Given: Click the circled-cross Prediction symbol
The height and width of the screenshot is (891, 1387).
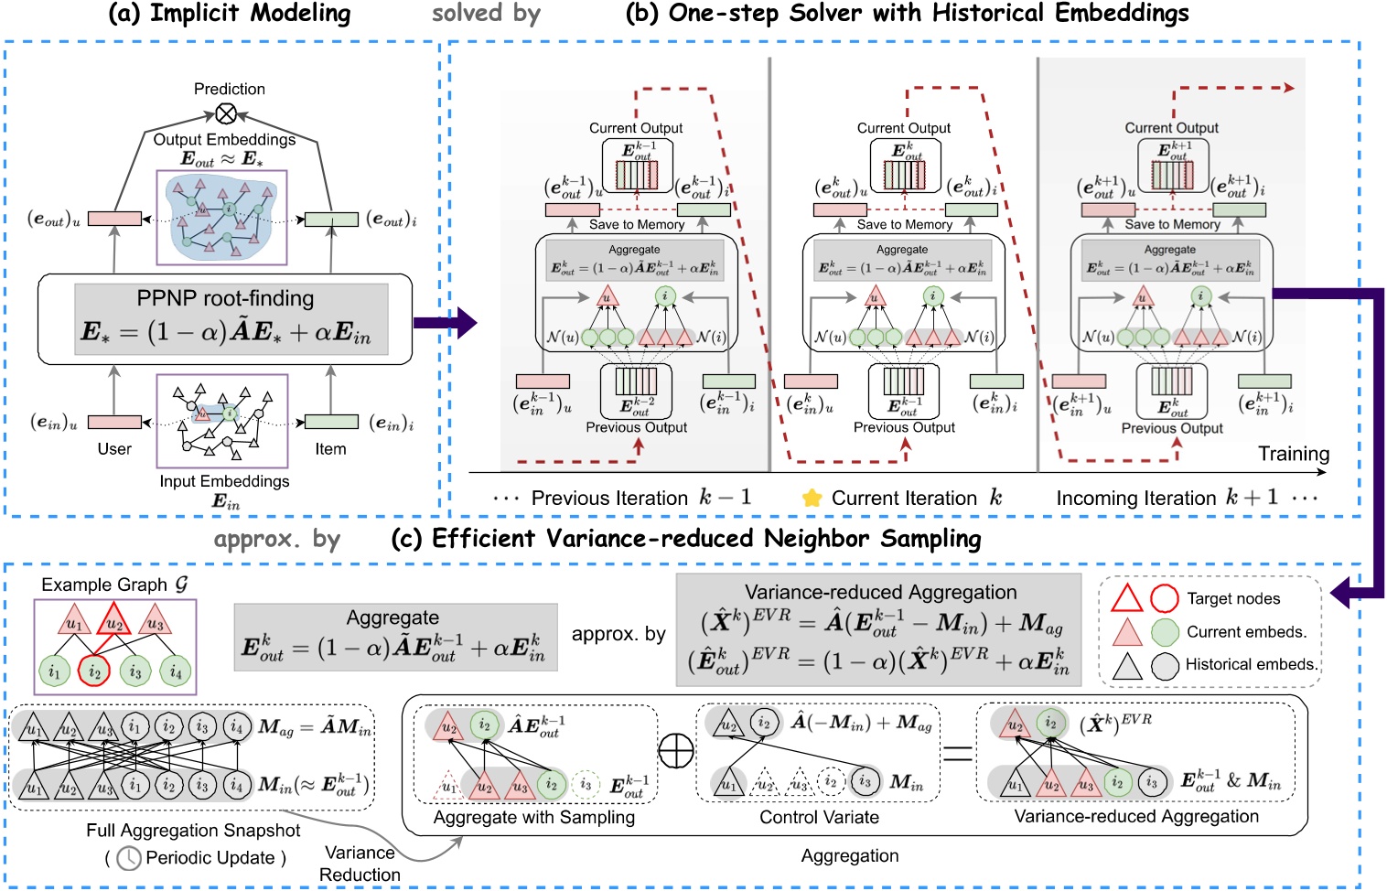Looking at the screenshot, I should click(x=226, y=113).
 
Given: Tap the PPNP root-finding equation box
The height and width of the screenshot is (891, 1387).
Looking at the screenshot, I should click(x=225, y=319).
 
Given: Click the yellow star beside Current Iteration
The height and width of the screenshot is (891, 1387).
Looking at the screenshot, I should click(x=812, y=499).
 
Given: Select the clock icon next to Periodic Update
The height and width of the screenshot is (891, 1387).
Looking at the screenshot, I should click(x=129, y=858).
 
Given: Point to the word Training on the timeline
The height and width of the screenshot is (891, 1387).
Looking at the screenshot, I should click(x=1293, y=454).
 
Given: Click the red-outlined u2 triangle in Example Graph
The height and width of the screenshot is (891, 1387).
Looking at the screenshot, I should click(x=114, y=622).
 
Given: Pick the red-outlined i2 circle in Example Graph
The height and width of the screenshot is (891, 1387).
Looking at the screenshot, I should click(x=94, y=671).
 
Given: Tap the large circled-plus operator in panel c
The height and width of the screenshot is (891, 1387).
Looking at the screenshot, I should click(x=676, y=751).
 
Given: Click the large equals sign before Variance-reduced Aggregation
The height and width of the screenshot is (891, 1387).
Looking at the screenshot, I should click(x=957, y=754).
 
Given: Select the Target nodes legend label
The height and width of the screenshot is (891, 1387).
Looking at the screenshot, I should click(x=1233, y=599).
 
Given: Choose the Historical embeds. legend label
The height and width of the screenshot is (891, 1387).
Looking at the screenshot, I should click(x=1252, y=665).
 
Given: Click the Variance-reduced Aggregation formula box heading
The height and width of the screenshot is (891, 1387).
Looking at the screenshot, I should click(x=880, y=592).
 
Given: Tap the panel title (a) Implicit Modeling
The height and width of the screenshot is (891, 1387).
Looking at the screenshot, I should click(x=229, y=14).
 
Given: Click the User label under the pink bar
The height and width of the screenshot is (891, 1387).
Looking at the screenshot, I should click(x=114, y=449).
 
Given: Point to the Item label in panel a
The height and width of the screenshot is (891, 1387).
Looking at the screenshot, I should click(x=330, y=449).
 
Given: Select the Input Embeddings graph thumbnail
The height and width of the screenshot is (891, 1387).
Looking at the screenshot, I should click(x=222, y=420).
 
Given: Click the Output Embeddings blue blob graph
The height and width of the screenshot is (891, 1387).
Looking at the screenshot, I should click(x=221, y=217).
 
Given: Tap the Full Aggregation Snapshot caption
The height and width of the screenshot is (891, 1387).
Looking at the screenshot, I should click(x=193, y=831).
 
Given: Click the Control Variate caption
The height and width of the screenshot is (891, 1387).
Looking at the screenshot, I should click(x=819, y=817).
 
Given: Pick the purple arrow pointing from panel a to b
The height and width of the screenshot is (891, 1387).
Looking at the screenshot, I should click(x=445, y=322).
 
